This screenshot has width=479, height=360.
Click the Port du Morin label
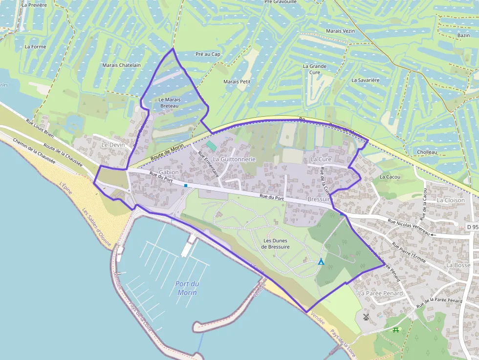click(x=187, y=288)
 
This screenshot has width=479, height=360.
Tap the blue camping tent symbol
click(x=321, y=262)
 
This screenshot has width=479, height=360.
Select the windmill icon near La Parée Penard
click(x=366, y=317)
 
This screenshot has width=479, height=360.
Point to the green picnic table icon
click(x=396, y=330)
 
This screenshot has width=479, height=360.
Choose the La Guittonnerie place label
click(x=234, y=159)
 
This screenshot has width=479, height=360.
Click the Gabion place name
click(x=169, y=172)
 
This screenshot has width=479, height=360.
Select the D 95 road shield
click(x=472, y=227)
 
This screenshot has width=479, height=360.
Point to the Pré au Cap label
click(x=208, y=54)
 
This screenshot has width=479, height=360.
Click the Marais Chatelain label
click(x=121, y=65)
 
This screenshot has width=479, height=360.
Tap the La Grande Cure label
click(x=315, y=69)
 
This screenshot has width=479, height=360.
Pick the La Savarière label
click(x=366, y=80)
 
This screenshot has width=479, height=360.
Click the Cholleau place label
click(x=427, y=152)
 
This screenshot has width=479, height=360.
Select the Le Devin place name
click(x=113, y=145)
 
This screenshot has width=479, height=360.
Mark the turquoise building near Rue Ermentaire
click(x=211, y=146)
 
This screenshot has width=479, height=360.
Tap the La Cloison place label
click(x=450, y=200)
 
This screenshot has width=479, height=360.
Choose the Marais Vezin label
click(x=340, y=31)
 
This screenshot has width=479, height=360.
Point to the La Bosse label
click(x=458, y=265)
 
